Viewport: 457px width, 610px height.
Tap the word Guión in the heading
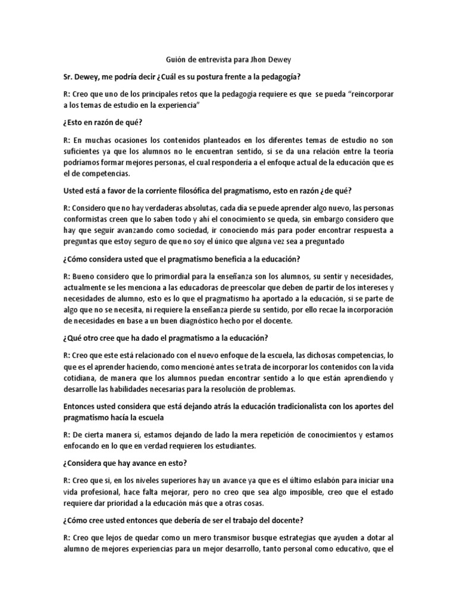(x=174, y=60)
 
